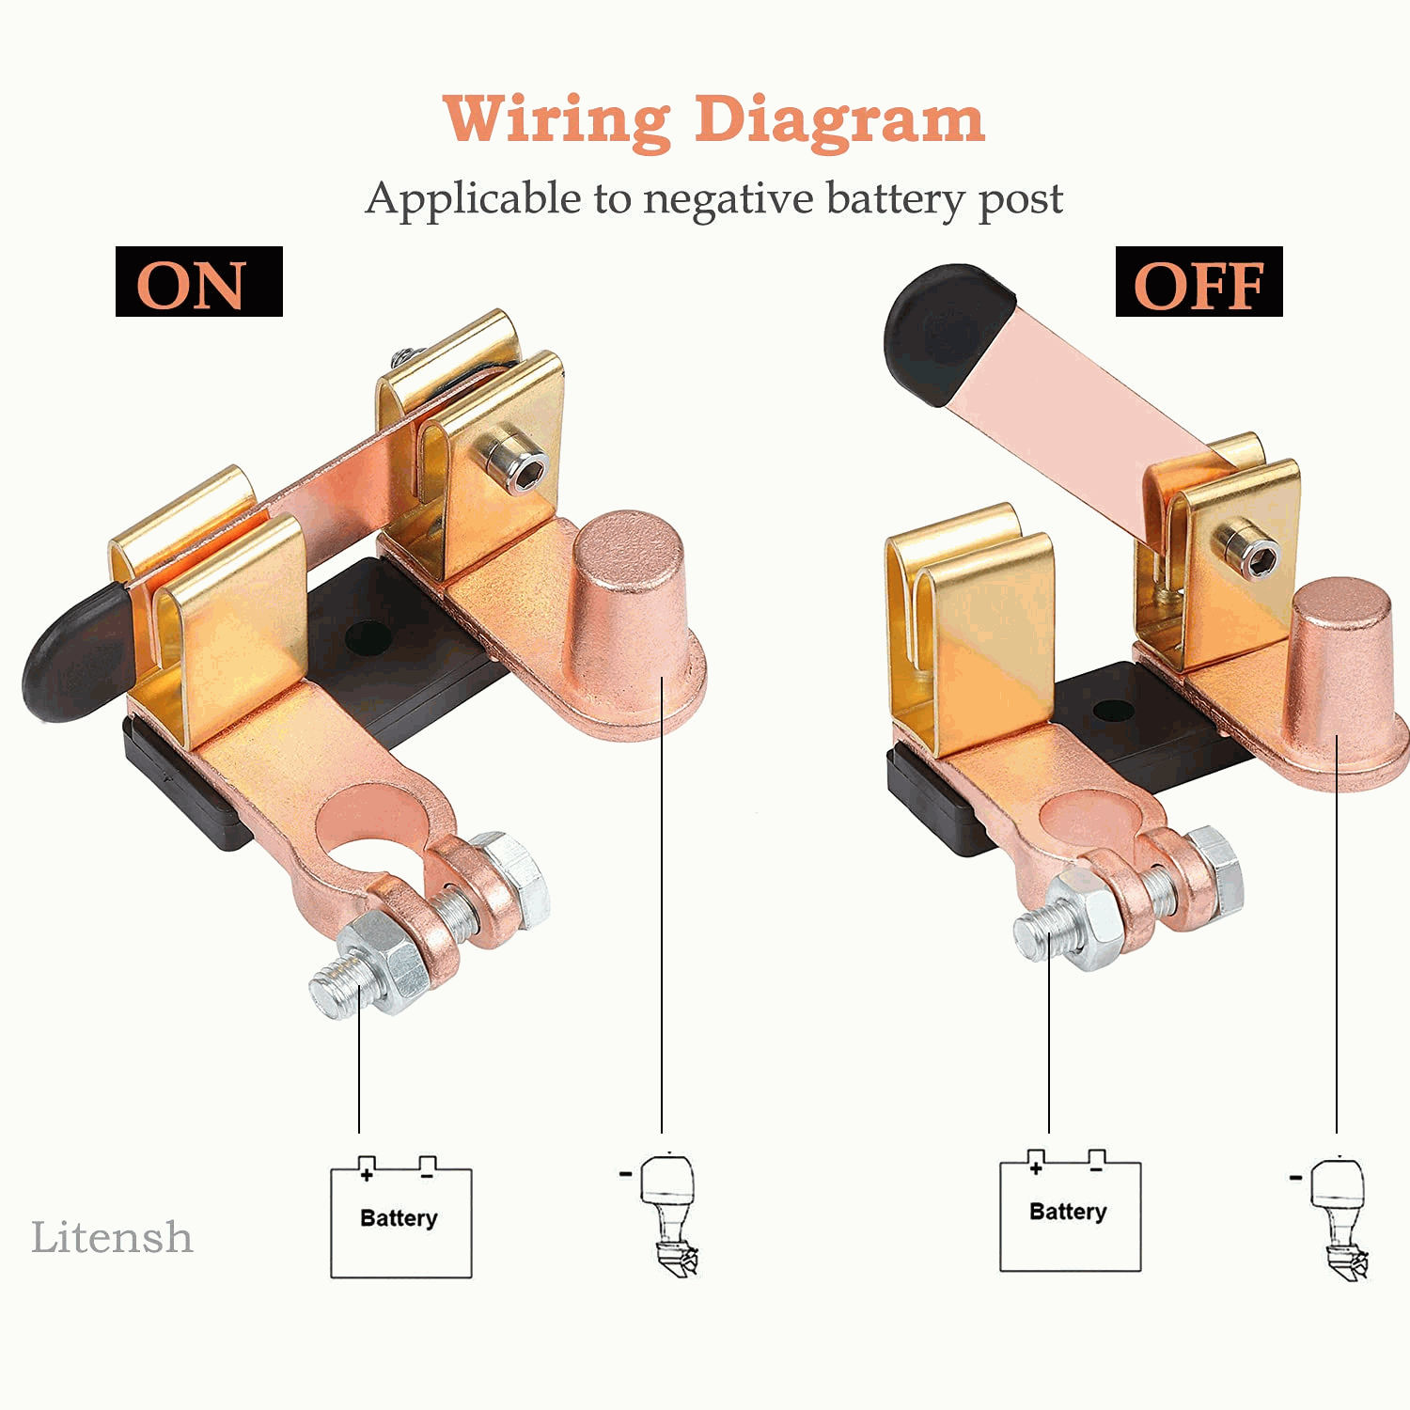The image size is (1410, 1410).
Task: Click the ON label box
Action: pyautogui.click(x=198, y=281)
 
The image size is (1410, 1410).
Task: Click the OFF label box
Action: pyautogui.click(x=1198, y=281)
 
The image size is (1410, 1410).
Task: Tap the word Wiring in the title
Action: pyautogui.click(x=556, y=121)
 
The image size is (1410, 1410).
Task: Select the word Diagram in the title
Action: pyautogui.click(x=839, y=121)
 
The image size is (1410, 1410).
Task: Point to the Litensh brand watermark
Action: pyautogui.click(x=112, y=1237)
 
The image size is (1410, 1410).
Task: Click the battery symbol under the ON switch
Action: pyautogui.click(x=400, y=1217)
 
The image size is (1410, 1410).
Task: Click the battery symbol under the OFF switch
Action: pyautogui.click(x=1070, y=1211)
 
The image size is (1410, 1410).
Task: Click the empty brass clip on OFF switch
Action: pyautogui.click(x=968, y=630)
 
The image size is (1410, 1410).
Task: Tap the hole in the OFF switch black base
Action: pyautogui.click(x=1113, y=711)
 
